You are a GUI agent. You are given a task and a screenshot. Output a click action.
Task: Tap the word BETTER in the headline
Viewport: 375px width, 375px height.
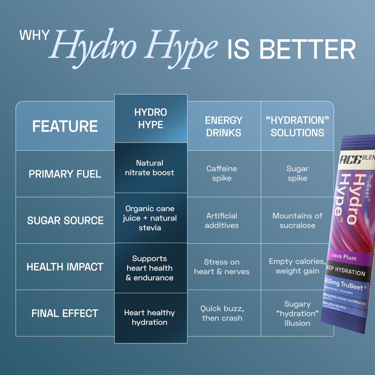[307, 49]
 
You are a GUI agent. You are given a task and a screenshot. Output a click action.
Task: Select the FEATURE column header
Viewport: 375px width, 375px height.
[65, 126]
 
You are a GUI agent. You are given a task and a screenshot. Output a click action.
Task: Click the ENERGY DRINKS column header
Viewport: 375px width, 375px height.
[224, 126]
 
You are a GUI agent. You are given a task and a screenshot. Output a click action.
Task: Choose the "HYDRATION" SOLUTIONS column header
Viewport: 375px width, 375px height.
[297, 126]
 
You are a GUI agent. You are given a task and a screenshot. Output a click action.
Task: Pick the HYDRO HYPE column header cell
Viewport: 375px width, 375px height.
[151, 118]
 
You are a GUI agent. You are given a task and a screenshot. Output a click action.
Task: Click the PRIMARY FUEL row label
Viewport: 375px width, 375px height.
[65, 174]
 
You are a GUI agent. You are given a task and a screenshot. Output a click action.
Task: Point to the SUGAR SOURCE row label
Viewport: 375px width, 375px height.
[65, 220]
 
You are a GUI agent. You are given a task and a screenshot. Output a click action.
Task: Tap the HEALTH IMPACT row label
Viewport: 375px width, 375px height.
[65, 267]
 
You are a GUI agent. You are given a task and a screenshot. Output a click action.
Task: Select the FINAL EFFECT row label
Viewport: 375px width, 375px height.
[65, 313]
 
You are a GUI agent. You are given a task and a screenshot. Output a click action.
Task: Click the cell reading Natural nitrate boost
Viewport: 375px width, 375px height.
[150, 168]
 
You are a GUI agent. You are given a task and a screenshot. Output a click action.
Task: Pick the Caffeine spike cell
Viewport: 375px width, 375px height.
[222, 173]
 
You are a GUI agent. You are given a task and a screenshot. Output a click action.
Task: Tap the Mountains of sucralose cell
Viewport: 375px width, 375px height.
[297, 220]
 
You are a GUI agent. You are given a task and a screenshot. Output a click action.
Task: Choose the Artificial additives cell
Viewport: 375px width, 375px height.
[222, 220]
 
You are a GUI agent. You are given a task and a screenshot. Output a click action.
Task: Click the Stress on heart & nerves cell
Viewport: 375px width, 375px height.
[222, 267]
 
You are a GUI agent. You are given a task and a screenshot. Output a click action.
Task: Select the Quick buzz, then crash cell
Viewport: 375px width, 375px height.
[222, 313]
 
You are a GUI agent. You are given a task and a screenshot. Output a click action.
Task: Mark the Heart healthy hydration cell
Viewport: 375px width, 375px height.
[150, 317]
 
